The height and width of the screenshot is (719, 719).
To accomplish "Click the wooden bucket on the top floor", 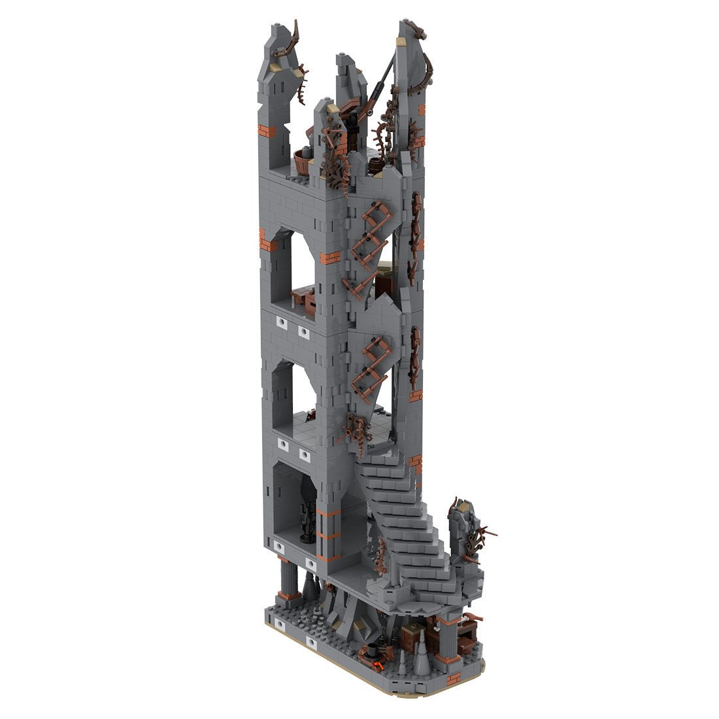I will (x=302, y=160).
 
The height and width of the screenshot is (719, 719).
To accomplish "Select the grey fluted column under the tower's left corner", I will (x=286, y=579).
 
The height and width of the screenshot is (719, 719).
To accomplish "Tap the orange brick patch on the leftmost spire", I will (x=267, y=131).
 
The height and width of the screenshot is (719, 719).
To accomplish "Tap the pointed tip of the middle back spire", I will (x=343, y=59).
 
